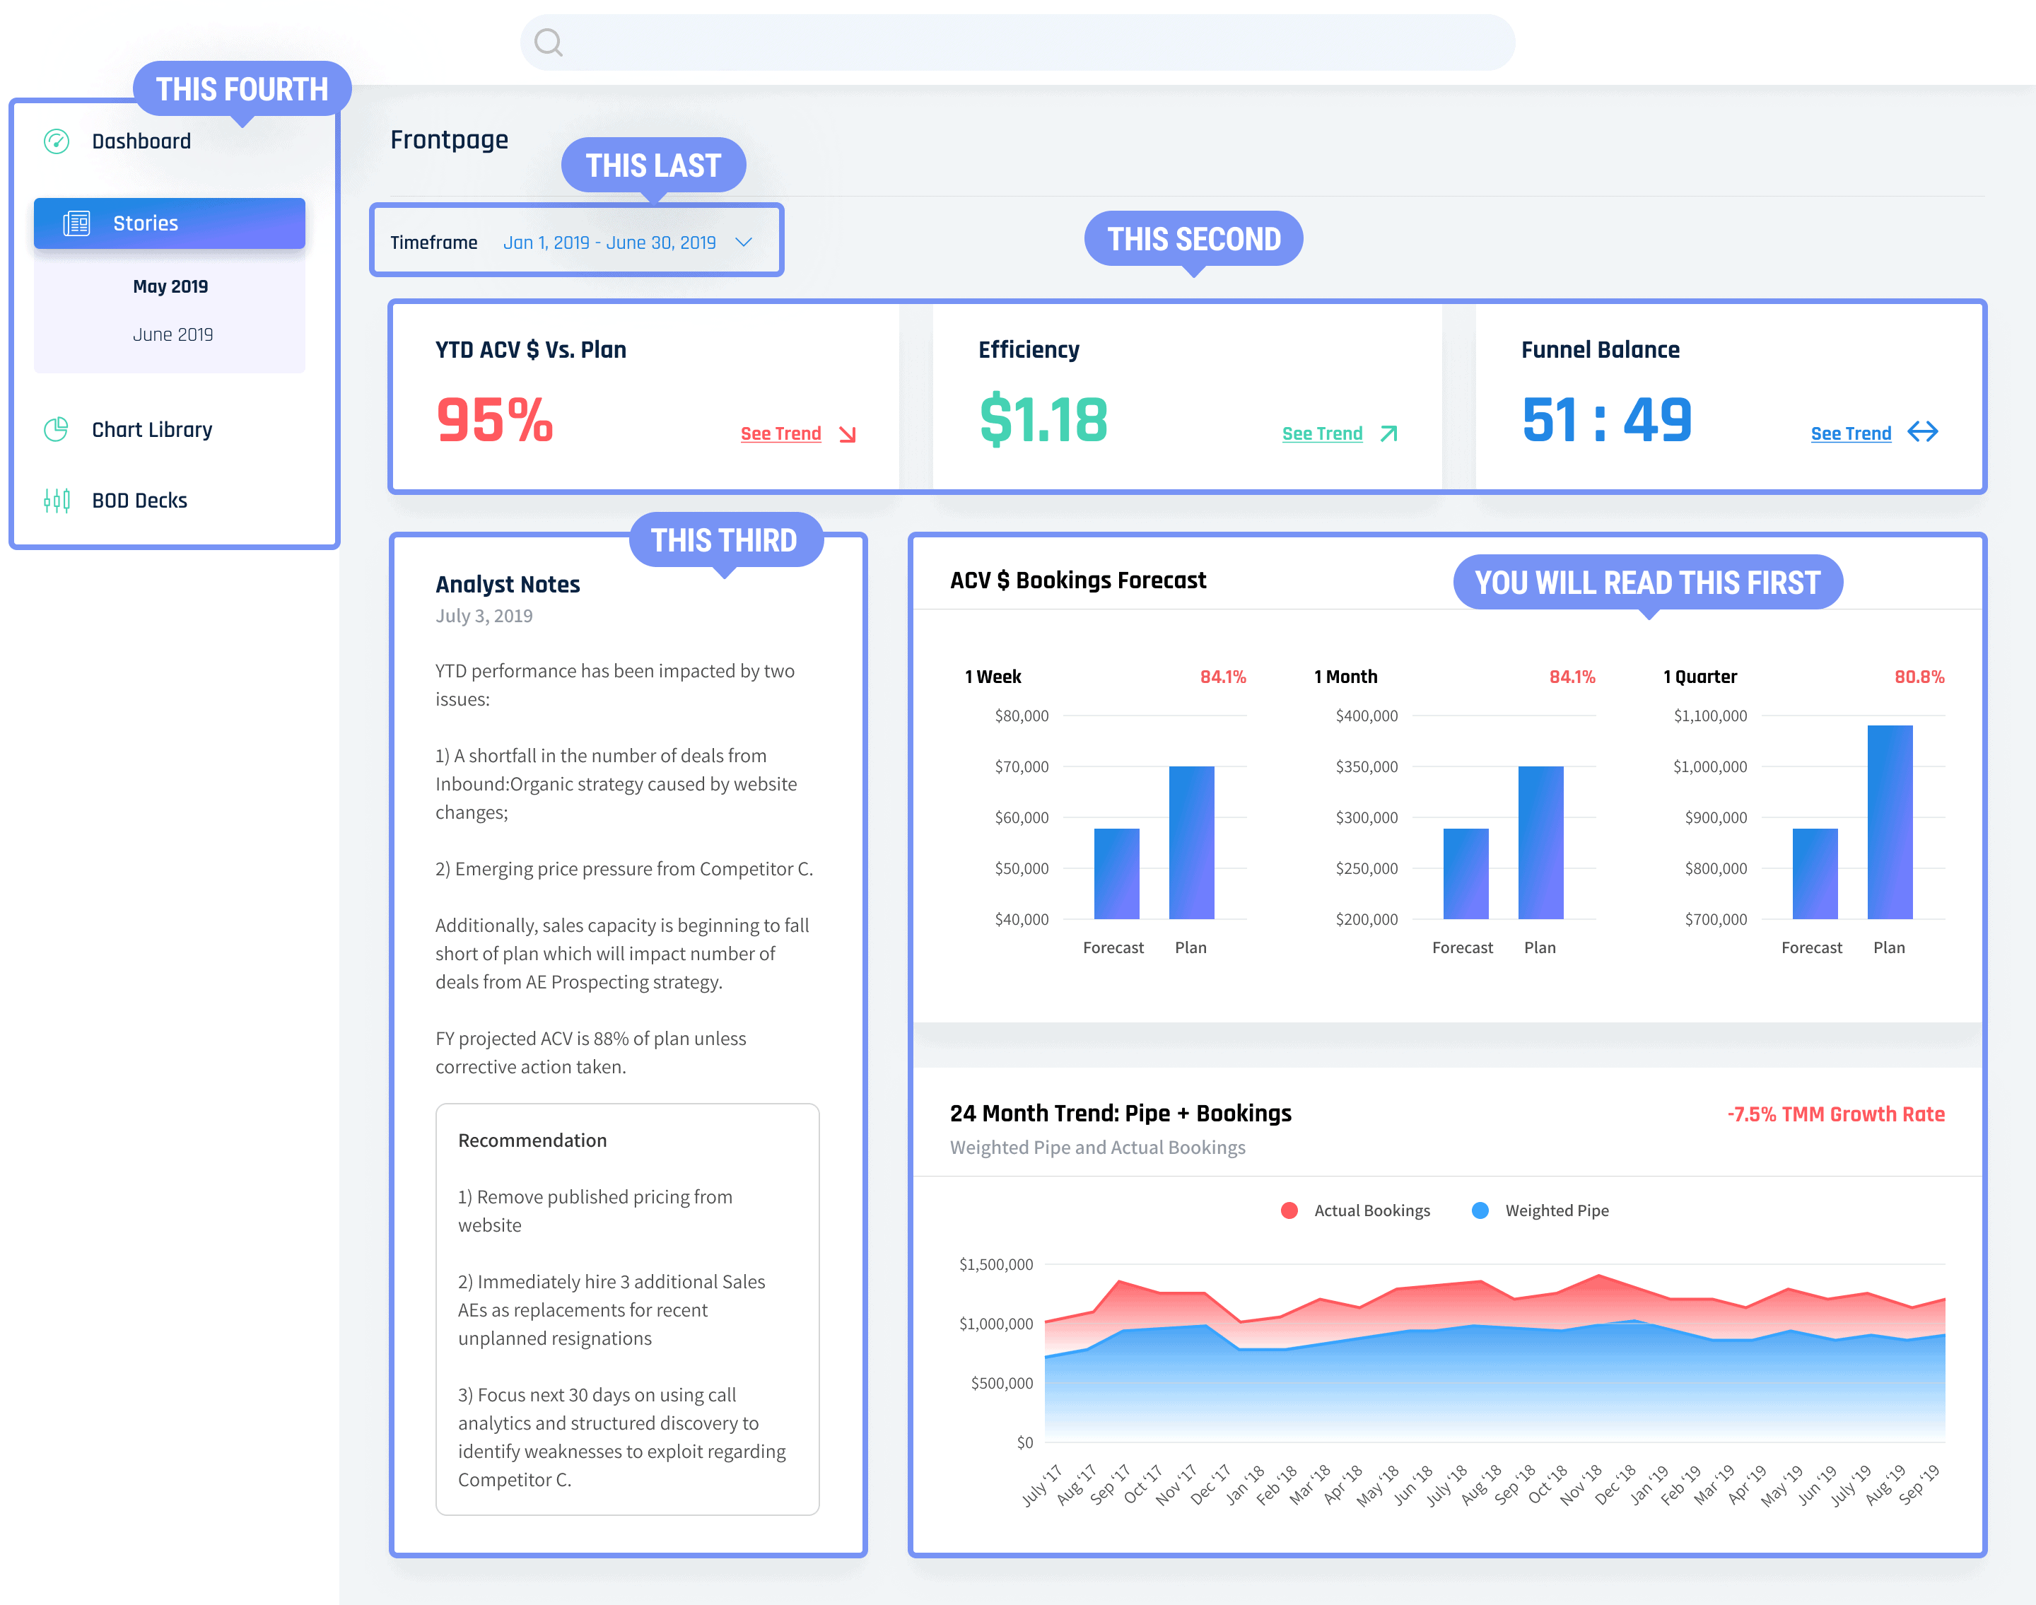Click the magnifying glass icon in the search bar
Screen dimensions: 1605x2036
[548, 42]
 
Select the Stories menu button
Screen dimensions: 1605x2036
[169, 223]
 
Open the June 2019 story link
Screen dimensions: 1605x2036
[173, 334]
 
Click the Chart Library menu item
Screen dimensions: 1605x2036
[151, 429]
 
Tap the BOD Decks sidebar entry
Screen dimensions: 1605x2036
[139, 500]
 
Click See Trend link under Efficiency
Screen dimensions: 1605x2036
[1322, 433]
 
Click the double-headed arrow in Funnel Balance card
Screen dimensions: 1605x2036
[1922, 432]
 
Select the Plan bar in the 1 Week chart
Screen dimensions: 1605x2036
[1190, 842]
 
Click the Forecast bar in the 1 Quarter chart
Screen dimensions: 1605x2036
[1813, 873]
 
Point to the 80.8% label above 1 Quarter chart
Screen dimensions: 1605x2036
[1919, 677]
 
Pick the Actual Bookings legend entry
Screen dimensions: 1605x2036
[1370, 1210]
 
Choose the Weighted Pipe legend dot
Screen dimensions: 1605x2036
[1480, 1210]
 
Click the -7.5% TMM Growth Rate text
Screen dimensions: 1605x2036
[1835, 1114]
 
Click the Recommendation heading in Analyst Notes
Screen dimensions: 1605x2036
[532, 1140]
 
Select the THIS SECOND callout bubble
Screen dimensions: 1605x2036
[1193, 239]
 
